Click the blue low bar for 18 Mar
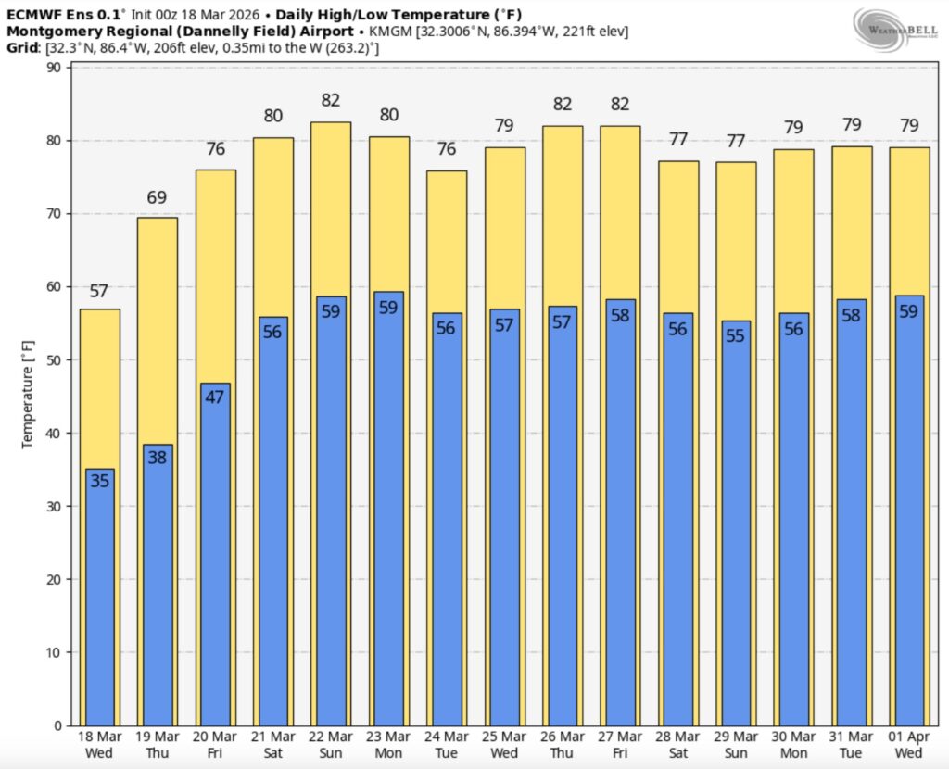pos(99,602)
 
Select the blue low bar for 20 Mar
pos(215,556)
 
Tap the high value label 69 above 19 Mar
pos(157,198)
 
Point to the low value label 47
pos(215,397)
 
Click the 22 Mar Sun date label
pos(331,745)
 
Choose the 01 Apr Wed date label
pos(908,745)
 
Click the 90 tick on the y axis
pos(53,68)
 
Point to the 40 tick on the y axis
pos(53,433)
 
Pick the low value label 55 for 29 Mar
pos(735,335)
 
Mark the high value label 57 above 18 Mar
pos(99,292)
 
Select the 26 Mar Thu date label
pos(562,745)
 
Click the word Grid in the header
pos(21,47)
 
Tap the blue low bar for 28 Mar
pos(677,528)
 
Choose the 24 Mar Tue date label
pos(446,745)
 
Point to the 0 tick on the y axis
pos(57,725)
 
